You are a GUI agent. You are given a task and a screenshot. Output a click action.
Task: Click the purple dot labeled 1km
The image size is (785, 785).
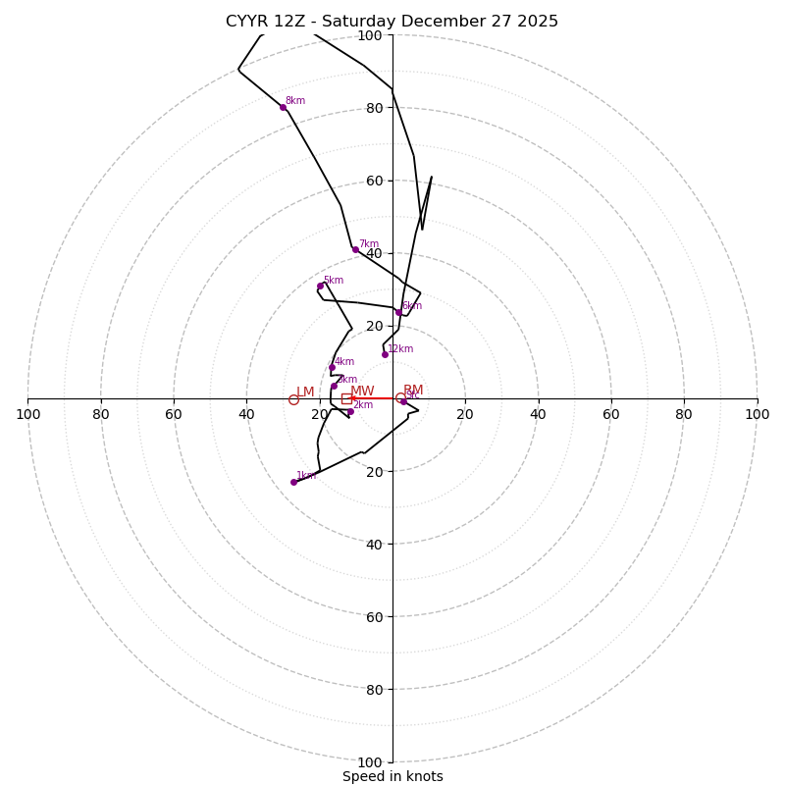[x=293, y=482]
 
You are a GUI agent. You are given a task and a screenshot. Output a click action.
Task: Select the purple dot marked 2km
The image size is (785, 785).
[x=350, y=411]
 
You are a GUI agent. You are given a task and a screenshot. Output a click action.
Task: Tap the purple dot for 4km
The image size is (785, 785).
[x=332, y=368]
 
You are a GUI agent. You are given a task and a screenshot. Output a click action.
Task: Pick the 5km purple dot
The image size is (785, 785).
[x=320, y=287]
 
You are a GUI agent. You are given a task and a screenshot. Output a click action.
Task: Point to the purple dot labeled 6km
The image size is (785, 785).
[x=398, y=312]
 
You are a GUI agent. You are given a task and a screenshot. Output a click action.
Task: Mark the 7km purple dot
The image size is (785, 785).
[x=355, y=249]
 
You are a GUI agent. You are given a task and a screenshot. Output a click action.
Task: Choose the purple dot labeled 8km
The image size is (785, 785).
[x=283, y=107]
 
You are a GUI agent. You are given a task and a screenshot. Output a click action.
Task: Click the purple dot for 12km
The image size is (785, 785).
[x=385, y=354]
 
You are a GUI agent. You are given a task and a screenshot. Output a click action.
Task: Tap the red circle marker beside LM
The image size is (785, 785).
[x=293, y=399]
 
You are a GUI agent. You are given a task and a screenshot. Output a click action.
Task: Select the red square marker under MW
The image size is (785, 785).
[x=346, y=398]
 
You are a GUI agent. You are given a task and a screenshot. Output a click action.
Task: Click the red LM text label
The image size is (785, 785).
[x=305, y=392]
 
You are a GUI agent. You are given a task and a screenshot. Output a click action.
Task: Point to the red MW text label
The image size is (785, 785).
[x=362, y=392]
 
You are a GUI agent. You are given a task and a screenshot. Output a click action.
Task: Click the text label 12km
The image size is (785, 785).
[x=400, y=348]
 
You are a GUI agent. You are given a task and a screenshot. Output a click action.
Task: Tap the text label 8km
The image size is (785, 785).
[x=294, y=101]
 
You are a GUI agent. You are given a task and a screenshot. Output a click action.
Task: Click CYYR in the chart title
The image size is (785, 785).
[x=246, y=22]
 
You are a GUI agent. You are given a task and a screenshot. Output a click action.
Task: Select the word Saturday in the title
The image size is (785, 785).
[x=358, y=22]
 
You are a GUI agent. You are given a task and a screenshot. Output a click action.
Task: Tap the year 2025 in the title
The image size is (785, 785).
[x=539, y=22]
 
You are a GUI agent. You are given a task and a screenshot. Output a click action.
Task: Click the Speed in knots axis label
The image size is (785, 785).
[x=392, y=776]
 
